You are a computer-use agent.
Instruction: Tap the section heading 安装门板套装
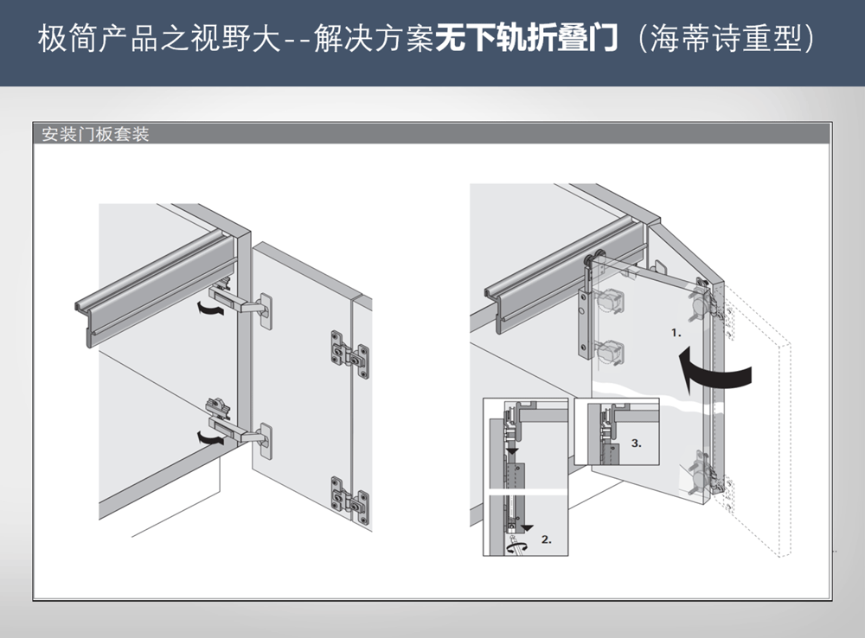tap(96, 135)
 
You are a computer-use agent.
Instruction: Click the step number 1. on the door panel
tap(676, 331)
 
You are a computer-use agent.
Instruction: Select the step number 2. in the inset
tap(546, 539)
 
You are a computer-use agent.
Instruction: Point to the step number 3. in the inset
tap(636, 443)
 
